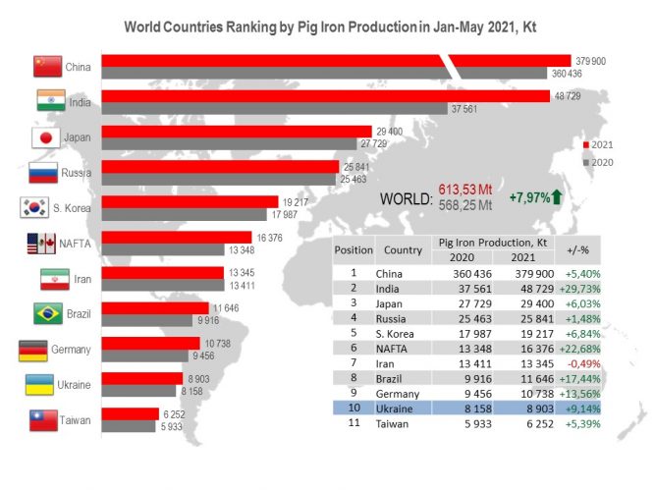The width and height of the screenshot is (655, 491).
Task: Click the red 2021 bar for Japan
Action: point(237,132)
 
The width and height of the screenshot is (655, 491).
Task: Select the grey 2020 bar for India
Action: point(274,109)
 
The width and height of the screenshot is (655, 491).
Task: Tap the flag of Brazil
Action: point(48,313)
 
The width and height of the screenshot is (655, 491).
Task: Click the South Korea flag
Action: point(34,207)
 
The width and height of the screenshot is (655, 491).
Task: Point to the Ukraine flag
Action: point(39,384)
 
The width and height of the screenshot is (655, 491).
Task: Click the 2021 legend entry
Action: point(598,145)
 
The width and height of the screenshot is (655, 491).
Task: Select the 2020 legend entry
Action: point(598,162)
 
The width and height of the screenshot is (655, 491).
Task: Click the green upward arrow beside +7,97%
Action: point(557,196)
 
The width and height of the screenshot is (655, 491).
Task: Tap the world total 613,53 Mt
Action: point(464,190)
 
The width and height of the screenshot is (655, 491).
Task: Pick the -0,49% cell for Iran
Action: point(583,364)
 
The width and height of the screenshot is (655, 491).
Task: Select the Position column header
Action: point(354,249)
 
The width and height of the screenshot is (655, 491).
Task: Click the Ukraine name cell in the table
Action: point(394,409)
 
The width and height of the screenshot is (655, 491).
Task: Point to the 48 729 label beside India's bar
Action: point(568,96)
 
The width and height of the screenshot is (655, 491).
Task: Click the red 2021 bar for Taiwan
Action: point(131,414)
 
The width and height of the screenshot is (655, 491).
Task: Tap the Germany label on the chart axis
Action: point(71,350)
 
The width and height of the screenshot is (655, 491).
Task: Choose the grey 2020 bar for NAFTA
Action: point(163,249)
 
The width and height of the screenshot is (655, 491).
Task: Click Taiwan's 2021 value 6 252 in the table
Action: point(540,423)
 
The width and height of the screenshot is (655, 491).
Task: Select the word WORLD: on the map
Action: point(406,199)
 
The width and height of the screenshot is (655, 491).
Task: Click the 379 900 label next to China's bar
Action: point(590,61)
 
